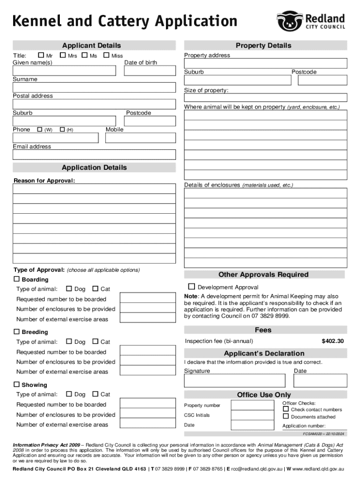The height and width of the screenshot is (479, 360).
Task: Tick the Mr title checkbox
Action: [x=41, y=56]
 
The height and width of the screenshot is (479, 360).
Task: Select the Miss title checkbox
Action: [x=106, y=56]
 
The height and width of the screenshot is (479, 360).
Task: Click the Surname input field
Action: [x=94, y=87]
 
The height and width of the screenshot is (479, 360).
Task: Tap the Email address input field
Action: [x=94, y=155]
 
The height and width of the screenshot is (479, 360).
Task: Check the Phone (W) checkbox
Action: [x=39, y=130]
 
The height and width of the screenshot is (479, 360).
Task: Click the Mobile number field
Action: [x=140, y=138]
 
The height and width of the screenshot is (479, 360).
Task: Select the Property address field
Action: [x=265, y=64]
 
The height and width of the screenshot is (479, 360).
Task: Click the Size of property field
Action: [x=265, y=98]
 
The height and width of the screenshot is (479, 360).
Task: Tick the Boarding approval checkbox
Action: [x=17, y=279]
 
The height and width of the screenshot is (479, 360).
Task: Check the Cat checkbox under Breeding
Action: [x=95, y=341]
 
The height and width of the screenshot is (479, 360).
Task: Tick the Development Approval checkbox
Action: [x=191, y=286]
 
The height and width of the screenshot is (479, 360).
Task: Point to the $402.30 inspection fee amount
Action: [x=332, y=341]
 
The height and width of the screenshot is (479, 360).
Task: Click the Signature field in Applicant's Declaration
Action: [x=234, y=380]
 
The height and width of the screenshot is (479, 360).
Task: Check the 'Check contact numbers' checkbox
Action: [x=286, y=409]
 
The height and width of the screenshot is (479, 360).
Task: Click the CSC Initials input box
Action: [x=252, y=415]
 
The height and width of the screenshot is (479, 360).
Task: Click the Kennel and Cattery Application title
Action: [x=125, y=22]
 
